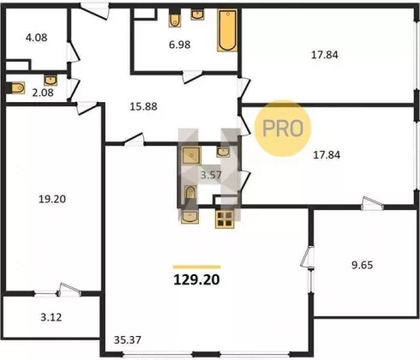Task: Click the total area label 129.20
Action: (x=196, y=279)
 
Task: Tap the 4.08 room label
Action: (x=36, y=38)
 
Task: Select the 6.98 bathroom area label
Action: (x=179, y=45)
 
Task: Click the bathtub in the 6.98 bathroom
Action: (x=227, y=30)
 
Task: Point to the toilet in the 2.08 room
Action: (x=18, y=87)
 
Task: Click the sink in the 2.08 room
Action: (x=51, y=81)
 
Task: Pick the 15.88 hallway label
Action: (x=143, y=106)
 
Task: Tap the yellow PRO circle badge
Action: (x=283, y=129)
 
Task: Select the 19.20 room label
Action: (x=52, y=199)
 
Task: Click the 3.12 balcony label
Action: (x=51, y=317)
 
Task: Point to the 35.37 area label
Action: (x=128, y=340)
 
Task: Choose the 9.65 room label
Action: (x=362, y=265)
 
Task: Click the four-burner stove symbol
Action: (x=225, y=219)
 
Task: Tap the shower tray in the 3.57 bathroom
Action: (x=191, y=155)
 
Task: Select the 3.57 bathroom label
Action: (x=211, y=175)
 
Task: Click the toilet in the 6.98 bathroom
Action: (x=175, y=20)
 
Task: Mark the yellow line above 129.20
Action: (x=196, y=267)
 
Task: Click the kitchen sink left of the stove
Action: (x=189, y=216)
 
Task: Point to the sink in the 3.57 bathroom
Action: (x=223, y=152)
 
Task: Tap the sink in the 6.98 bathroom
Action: (x=197, y=15)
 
